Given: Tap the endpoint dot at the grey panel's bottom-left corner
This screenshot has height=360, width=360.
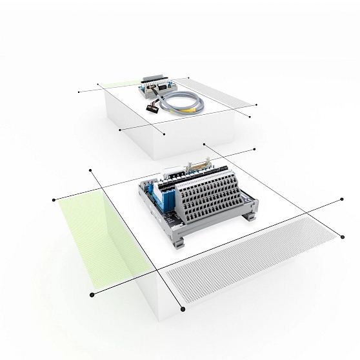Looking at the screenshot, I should [x=184, y=310].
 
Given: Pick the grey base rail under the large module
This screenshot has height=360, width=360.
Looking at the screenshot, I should [x=213, y=229].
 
